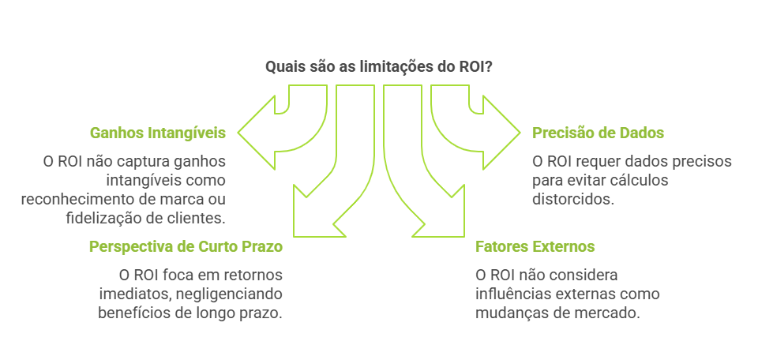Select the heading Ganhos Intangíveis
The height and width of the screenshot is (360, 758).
158,133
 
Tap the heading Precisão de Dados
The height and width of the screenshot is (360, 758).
598,133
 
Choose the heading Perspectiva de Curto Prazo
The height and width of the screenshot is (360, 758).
186,246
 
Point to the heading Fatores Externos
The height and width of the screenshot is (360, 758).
535,246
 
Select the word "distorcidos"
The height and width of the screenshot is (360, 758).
572,199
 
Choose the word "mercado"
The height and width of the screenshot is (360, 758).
608,312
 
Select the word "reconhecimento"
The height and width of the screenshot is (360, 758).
73,198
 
